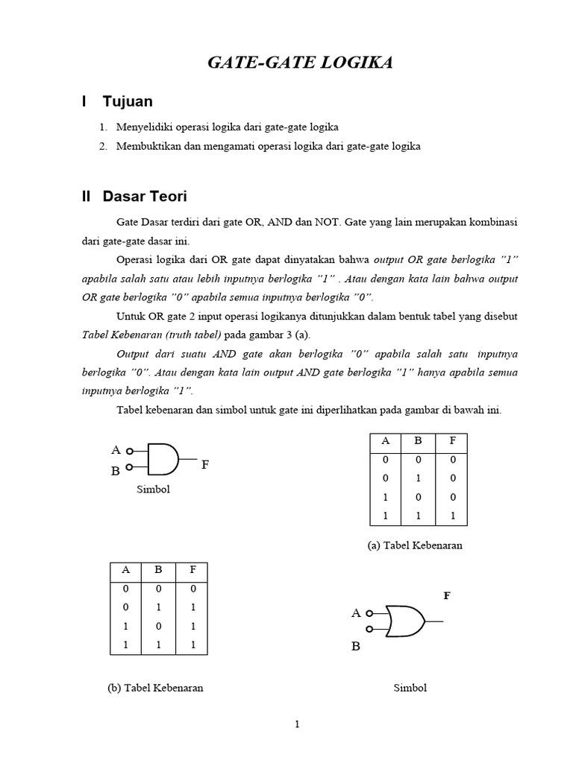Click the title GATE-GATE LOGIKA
(x=299, y=63)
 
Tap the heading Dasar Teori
(x=145, y=197)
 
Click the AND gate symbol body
(x=163, y=459)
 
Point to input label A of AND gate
(x=116, y=450)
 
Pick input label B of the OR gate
(x=356, y=646)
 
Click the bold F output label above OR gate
(x=447, y=596)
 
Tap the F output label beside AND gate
(x=205, y=465)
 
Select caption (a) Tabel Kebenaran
(x=415, y=545)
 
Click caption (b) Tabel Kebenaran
(x=155, y=688)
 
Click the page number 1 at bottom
(x=296, y=724)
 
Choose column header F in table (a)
(x=452, y=440)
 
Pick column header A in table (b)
(x=127, y=570)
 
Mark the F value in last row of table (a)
(x=452, y=516)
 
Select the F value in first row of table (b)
(x=192, y=588)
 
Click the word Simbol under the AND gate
(x=153, y=490)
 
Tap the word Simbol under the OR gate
(x=410, y=688)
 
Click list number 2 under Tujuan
(x=103, y=147)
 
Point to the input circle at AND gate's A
(x=129, y=451)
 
